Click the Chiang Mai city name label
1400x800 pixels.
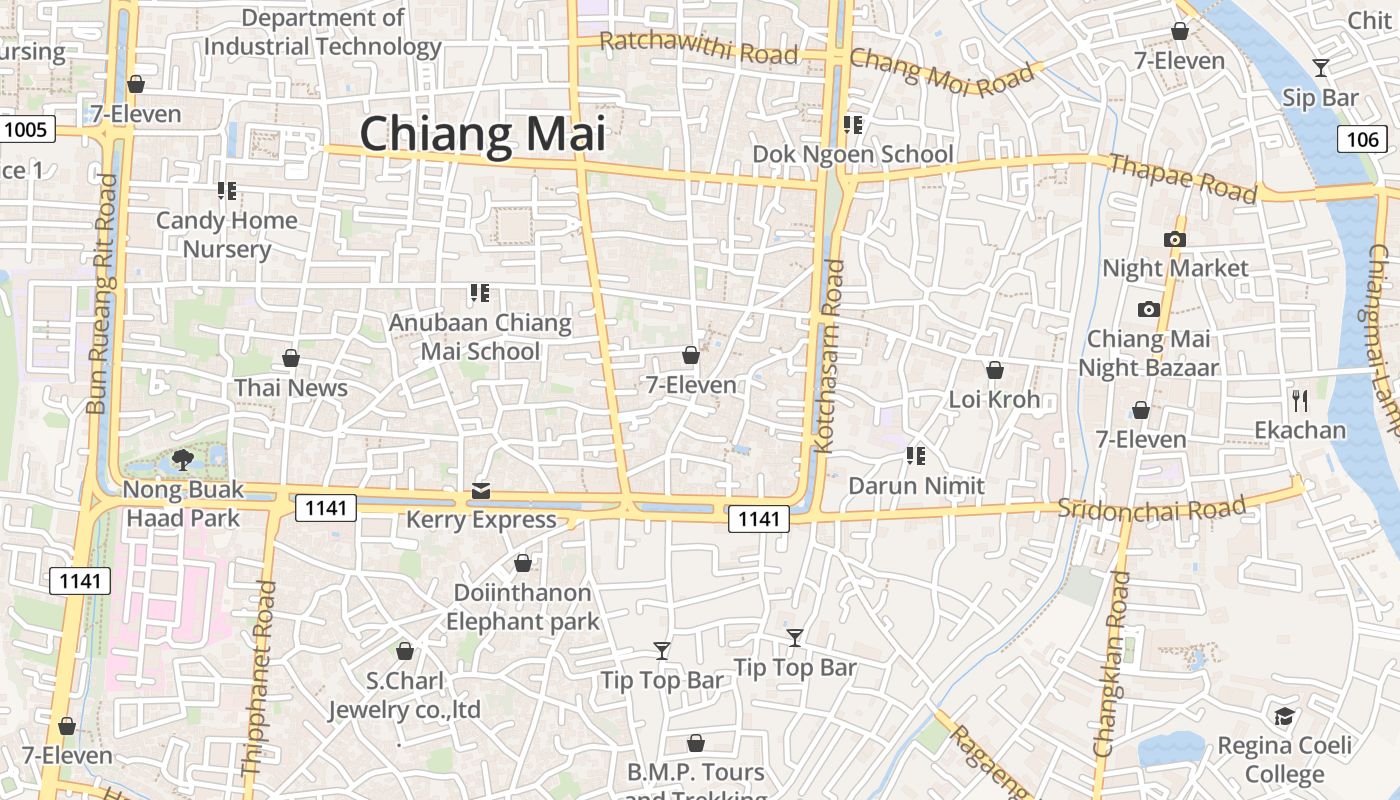(483, 134)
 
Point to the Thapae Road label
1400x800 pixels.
(1182, 179)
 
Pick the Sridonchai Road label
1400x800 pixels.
(1152, 508)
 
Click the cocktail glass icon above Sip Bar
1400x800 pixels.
(1321, 68)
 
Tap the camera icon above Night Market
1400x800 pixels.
(1175, 239)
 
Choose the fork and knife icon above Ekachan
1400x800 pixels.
(1300, 401)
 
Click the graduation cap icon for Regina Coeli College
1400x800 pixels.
(1284, 716)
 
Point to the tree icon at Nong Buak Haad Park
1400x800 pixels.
(182, 460)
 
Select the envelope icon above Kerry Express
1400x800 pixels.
(481, 490)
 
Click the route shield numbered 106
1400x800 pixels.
(1362, 139)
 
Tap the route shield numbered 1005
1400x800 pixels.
(25, 129)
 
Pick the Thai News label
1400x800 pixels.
(291, 388)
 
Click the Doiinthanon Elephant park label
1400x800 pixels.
(523, 607)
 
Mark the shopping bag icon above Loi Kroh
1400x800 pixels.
(994, 370)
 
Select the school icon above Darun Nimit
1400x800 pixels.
(915, 456)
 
